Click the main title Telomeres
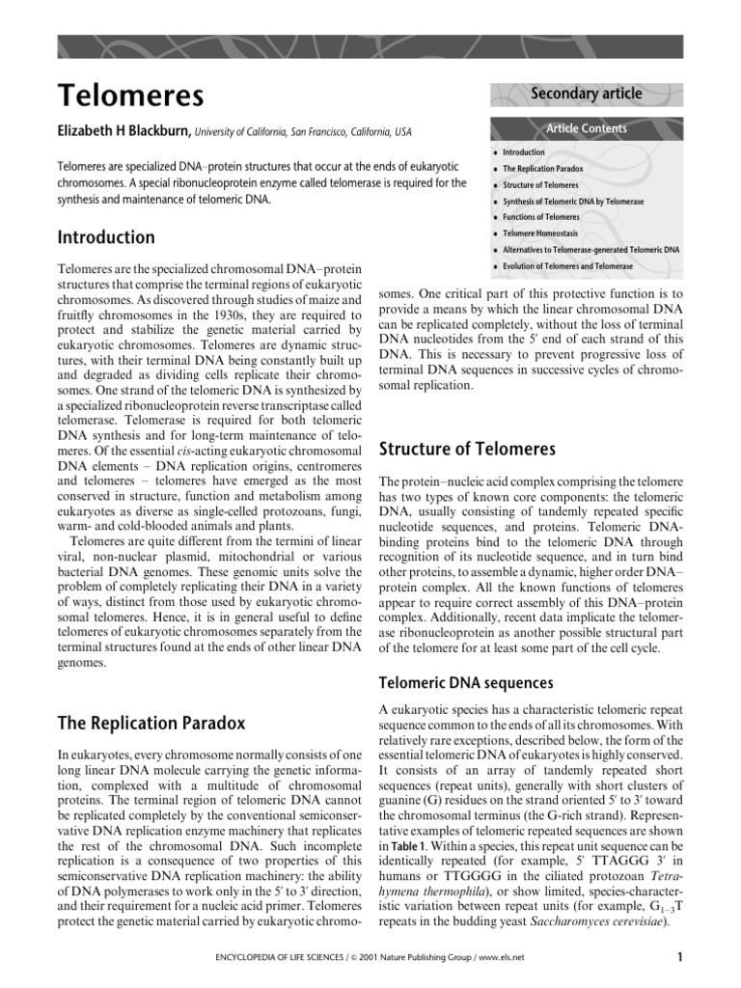(130, 96)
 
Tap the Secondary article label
(586, 94)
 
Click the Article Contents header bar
(587, 128)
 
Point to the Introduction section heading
(106, 237)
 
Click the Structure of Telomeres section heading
(467, 449)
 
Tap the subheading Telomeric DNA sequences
(466, 682)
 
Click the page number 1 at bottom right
(679, 957)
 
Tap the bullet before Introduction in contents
(495, 152)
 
